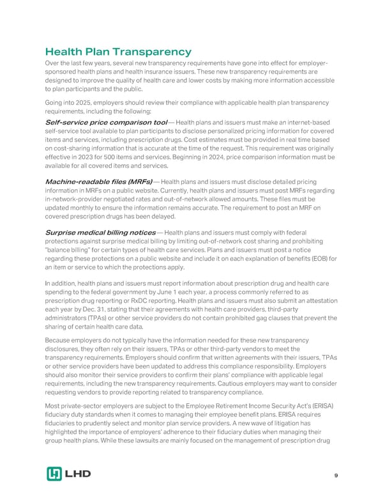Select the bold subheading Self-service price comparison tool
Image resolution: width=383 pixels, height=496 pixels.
105,123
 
